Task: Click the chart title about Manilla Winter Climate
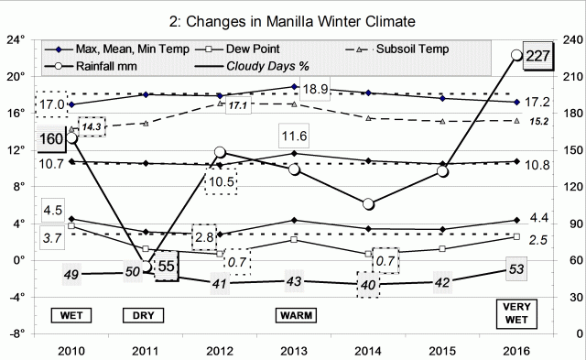coord(293,19)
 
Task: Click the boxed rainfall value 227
coord(538,56)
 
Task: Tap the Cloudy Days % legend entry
coord(266,63)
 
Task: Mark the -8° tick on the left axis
coord(16,333)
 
